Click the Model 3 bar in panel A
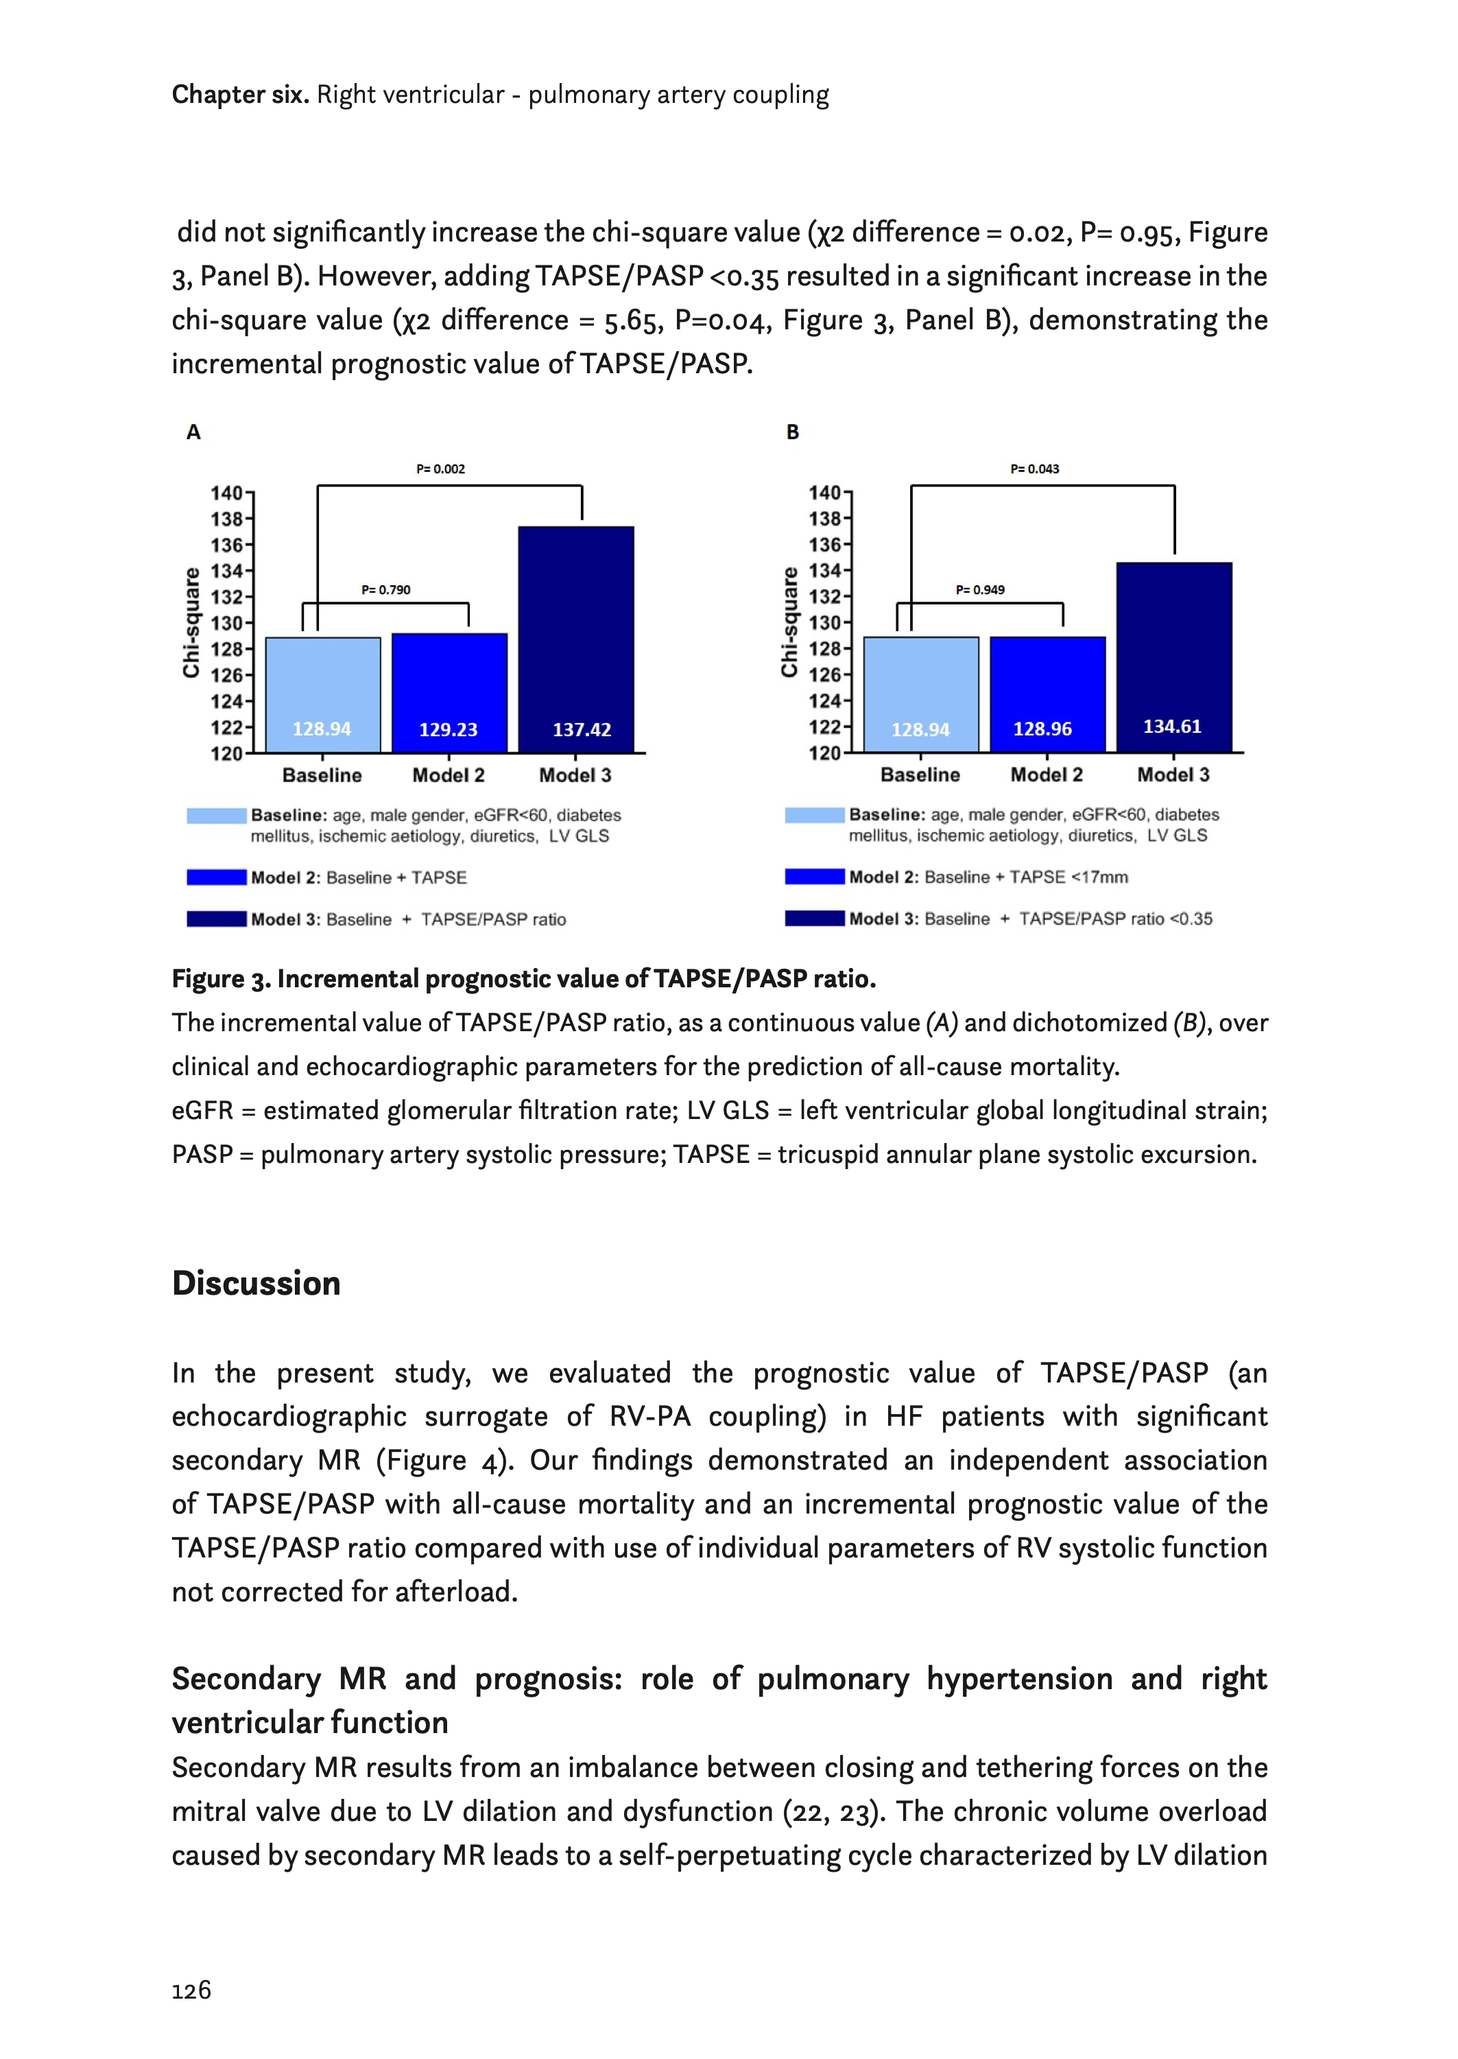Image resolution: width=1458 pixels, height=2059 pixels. point(575,639)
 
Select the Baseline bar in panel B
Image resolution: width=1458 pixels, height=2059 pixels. point(920,693)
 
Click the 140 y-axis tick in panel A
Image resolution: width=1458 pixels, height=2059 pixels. point(226,493)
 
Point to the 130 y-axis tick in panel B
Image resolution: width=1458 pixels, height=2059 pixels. point(824,622)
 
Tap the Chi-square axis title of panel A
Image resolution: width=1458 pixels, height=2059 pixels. point(191,622)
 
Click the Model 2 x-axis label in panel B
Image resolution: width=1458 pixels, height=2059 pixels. point(1046,775)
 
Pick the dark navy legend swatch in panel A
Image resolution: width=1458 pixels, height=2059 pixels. point(216,919)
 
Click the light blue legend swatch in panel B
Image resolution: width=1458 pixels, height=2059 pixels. point(814,815)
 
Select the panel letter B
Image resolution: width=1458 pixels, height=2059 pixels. point(792,432)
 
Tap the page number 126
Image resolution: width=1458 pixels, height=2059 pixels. point(191,1991)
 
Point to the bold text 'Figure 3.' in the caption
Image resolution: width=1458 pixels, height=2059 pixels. point(221,979)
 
